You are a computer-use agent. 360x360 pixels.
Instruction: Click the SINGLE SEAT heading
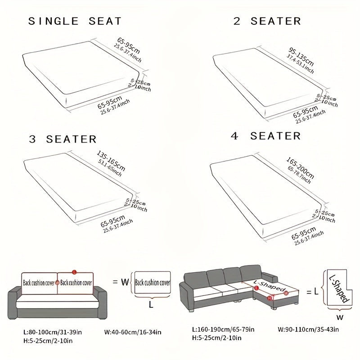[x=75, y=22]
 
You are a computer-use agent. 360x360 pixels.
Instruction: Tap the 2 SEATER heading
[x=267, y=21]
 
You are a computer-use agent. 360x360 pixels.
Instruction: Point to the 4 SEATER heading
[x=267, y=135]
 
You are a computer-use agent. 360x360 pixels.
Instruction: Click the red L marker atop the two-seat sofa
[x=74, y=272]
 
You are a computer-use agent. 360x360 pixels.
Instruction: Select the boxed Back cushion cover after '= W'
[x=152, y=283]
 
